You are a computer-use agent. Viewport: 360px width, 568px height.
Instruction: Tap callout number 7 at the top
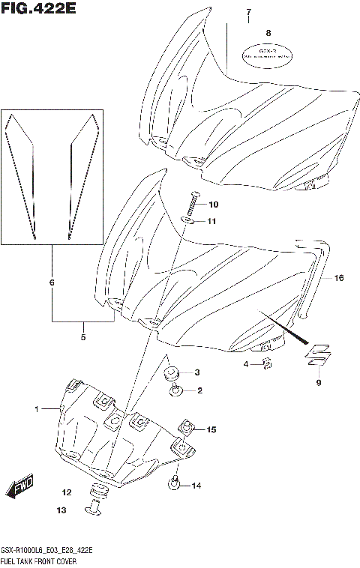click(x=248, y=13)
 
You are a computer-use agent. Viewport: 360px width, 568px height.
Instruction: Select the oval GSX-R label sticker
click(x=265, y=54)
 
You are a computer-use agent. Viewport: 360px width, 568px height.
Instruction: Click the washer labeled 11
click(x=190, y=221)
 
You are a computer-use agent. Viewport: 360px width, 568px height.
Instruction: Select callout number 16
click(x=338, y=278)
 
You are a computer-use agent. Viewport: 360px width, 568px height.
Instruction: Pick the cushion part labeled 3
click(x=172, y=373)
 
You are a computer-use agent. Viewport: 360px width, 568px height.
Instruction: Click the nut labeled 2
click(x=177, y=390)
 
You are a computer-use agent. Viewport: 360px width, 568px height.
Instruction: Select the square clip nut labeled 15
click(x=184, y=429)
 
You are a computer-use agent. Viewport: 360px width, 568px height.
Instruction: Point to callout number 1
click(x=36, y=408)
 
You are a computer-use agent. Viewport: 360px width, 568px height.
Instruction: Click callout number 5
click(x=82, y=337)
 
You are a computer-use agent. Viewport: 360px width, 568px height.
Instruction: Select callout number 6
click(x=52, y=283)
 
